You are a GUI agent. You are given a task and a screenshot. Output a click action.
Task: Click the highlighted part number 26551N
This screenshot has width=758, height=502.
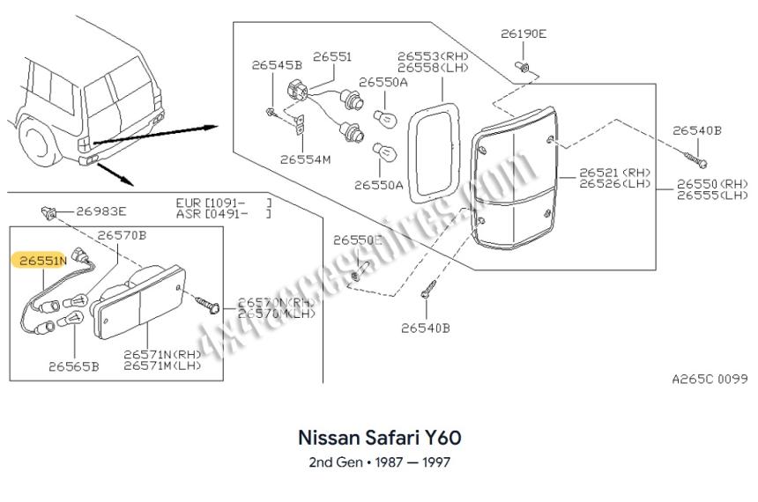click(39, 262)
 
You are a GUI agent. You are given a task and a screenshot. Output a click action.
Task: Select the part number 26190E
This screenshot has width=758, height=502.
click(524, 34)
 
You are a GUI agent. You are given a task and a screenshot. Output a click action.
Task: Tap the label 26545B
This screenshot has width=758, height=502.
click(277, 64)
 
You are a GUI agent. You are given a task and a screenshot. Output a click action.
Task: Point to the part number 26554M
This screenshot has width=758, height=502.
click(306, 160)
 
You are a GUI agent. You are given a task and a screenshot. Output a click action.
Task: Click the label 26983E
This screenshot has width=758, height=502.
click(101, 210)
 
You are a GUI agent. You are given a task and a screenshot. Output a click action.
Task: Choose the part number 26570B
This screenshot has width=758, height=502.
click(122, 235)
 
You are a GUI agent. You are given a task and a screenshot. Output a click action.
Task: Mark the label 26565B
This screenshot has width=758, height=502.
click(74, 365)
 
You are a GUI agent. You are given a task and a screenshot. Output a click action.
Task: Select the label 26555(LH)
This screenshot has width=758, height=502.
click(712, 196)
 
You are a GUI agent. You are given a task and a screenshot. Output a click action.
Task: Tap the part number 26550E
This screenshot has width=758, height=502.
click(358, 240)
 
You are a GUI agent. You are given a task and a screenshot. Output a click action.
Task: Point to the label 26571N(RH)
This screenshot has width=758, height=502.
click(162, 354)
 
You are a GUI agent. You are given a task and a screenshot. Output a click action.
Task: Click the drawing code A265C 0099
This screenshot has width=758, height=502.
click(709, 379)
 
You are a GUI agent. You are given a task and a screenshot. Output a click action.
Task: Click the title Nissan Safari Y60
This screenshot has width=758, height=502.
click(380, 438)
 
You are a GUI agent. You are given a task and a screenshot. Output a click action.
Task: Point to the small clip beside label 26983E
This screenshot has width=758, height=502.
click(48, 210)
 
